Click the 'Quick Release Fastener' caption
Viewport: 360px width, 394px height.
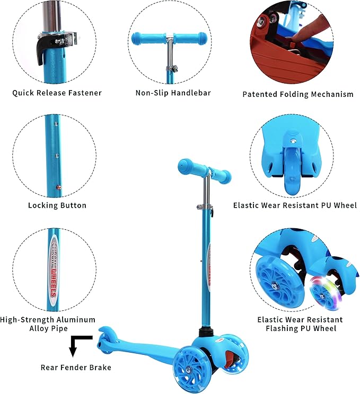click(x=57, y=93)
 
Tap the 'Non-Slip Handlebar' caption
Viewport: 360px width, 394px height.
click(x=173, y=93)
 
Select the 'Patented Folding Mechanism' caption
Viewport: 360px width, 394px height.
click(x=297, y=94)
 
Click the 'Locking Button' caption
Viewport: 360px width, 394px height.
click(x=57, y=205)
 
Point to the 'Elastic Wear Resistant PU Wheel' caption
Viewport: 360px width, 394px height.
click(x=295, y=205)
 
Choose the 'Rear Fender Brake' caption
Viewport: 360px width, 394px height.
click(x=76, y=367)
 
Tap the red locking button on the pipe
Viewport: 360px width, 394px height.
click(x=59, y=186)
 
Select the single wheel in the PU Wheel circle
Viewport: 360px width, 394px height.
click(x=292, y=169)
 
